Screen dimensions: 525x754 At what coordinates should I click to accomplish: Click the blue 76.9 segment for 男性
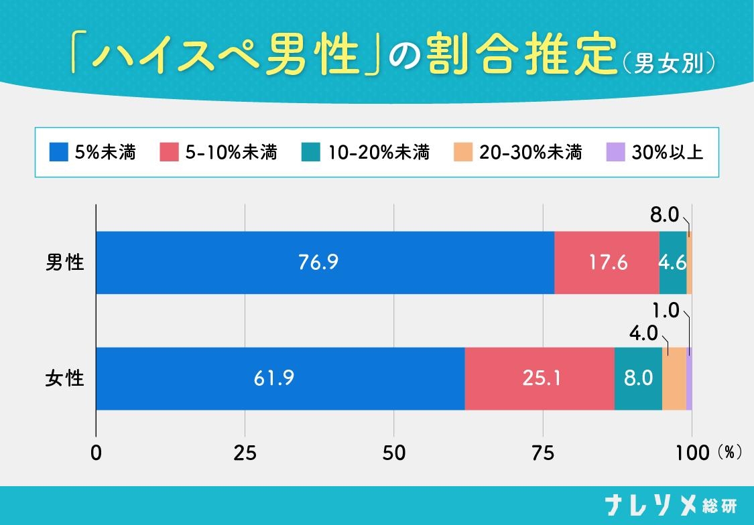tap(325, 262)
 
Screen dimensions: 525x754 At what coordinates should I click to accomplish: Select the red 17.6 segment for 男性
tap(607, 262)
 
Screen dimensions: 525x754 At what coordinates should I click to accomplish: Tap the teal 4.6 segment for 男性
tap(672, 262)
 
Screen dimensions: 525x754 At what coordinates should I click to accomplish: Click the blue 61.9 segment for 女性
tap(280, 378)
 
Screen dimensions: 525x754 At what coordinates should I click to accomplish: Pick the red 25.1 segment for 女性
tap(540, 378)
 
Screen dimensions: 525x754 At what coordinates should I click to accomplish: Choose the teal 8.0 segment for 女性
tap(638, 378)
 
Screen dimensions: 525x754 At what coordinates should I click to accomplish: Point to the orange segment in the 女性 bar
tap(674, 378)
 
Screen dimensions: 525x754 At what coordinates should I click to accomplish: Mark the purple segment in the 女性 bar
tap(689, 378)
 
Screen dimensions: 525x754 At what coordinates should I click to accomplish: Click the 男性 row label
tap(65, 262)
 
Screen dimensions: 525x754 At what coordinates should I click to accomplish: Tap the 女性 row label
tap(65, 378)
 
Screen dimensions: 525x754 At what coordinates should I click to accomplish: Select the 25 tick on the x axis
tap(245, 453)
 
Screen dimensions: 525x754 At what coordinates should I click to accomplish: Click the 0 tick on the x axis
tap(97, 453)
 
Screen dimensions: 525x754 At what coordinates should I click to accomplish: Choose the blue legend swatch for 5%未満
tap(59, 153)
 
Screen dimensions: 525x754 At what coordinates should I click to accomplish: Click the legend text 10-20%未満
tap(379, 153)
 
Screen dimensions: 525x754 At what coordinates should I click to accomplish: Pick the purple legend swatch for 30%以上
tap(615, 153)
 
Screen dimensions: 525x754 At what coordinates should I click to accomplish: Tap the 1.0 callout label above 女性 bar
tap(666, 311)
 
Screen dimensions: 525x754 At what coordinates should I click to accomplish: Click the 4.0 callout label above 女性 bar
tap(644, 333)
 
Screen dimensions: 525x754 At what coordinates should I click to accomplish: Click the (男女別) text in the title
tap(670, 64)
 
